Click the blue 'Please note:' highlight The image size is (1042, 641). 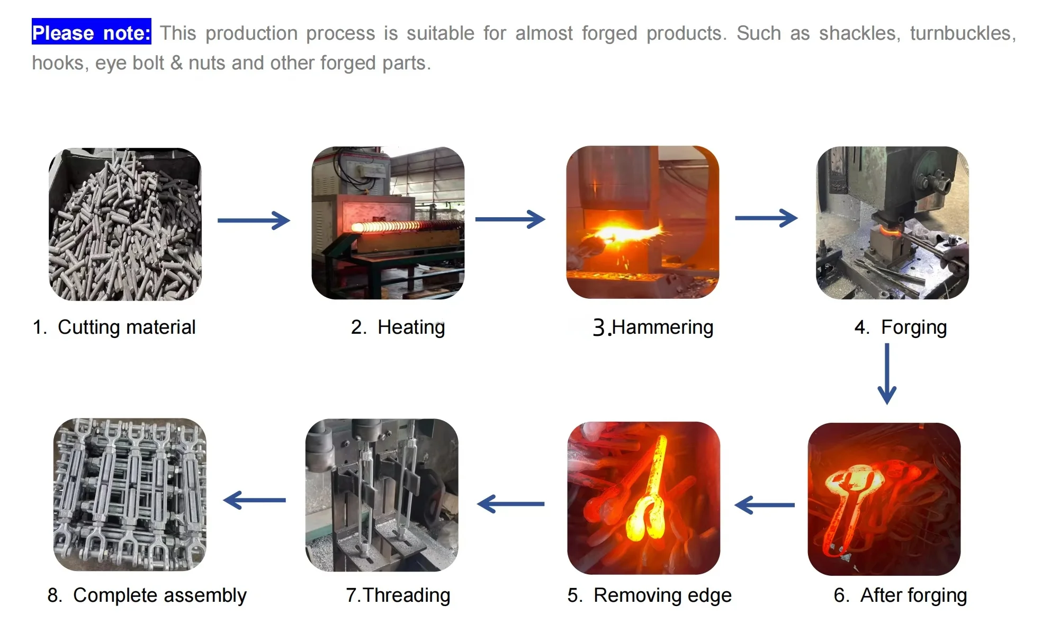(x=92, y=33)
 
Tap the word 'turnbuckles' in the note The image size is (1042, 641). (x=963, y=33)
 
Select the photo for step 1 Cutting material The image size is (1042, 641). (x=125, y=224)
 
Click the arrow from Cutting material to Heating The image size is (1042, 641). (x=254, y=220)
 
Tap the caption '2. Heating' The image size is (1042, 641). (x=398, y=327)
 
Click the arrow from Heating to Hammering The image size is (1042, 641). (x=510, y=219)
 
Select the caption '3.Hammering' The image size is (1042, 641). (x=653, y=327)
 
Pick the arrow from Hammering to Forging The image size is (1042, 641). (x=766, y=218)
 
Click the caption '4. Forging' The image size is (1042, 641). (x=900, y=327)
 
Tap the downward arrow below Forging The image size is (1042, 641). (x=887, y=373)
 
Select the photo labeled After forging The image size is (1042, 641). (x=884, y=498)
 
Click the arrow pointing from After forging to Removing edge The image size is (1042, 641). (x=765, y=505)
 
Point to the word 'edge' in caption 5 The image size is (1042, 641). (x=709, y=595)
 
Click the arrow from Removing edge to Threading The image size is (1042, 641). (x=510, y=504)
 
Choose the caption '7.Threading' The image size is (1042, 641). (x=398, y=595)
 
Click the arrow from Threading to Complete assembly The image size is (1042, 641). (x=255, y=500)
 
